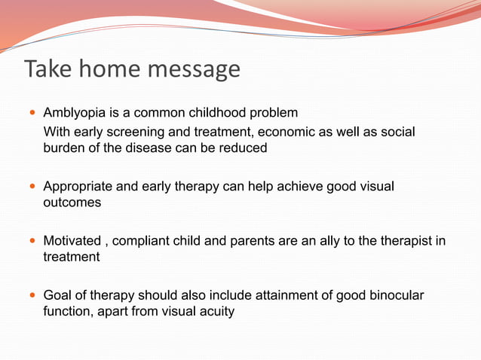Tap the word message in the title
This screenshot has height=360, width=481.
(198, 69)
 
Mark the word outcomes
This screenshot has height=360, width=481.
(72, 202)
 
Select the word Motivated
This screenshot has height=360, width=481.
(72, 241)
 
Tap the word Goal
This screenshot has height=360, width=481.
(57, 295)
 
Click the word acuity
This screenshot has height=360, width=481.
(217, 310)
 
